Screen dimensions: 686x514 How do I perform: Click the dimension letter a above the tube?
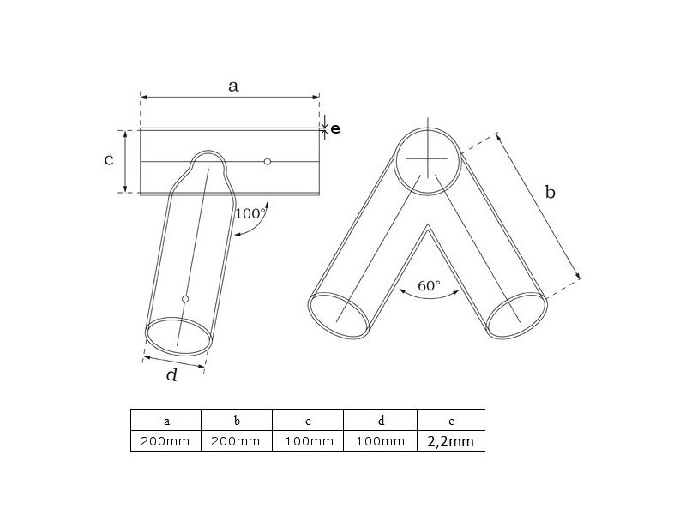[233, 87]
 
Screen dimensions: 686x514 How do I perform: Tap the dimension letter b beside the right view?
[550, 192]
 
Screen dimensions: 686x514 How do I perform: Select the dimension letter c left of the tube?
[109, 159]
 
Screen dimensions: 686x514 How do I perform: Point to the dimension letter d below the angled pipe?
[172, 374]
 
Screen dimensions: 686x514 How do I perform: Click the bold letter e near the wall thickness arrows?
[335, 128]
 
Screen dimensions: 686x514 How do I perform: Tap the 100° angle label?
[250, 213]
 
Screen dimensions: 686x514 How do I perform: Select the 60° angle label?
[429, 285]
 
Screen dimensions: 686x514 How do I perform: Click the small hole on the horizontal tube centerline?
[268, 162]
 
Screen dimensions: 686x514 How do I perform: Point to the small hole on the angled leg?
[185, 299]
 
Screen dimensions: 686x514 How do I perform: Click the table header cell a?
[166, 421]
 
